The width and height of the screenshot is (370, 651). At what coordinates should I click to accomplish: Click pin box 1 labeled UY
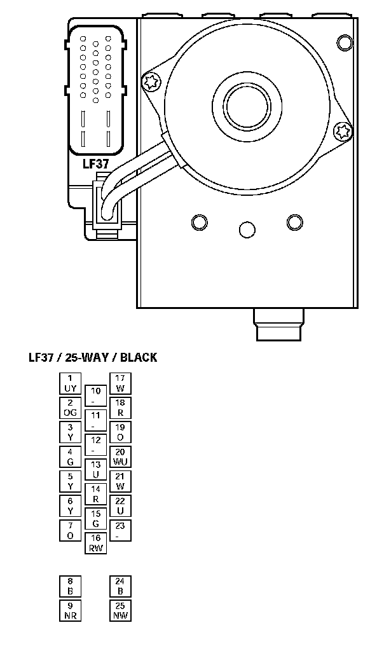point(70,383)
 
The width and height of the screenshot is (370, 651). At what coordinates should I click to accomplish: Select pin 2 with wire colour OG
point(70,408)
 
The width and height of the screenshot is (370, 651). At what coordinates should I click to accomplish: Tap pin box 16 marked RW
point(95,543)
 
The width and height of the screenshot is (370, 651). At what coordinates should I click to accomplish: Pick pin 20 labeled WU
point(120,456)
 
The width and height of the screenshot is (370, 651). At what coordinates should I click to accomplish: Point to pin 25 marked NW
point(120,610)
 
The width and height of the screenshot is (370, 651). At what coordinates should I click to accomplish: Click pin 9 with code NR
point(70,610)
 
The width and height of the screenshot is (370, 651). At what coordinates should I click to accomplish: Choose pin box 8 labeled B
point(70,586)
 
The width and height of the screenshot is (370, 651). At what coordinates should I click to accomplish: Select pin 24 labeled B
point(120,586)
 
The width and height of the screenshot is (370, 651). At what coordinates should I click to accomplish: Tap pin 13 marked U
point(95,470)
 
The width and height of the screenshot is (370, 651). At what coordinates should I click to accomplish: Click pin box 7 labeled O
point(70,530)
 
